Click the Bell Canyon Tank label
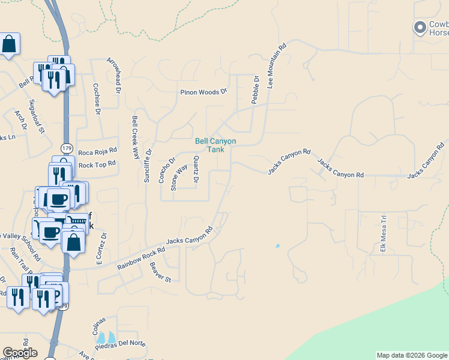(x=215, y=145)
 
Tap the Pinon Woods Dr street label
(x=204, y=92)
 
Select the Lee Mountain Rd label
(x=277, y=66)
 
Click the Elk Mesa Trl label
(x=383, y=233)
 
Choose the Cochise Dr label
(x=97, y=95)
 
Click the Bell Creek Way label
(x=135, y=137)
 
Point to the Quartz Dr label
(x=196, y=169)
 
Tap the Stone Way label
(x=179, y=177)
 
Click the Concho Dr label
(x=166, y=169)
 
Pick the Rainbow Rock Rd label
(x=141, y=258)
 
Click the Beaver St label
(x=160, y=272)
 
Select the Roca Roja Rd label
(x=97, y=152)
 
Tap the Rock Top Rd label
(x=97, y=164)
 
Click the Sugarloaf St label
(x=37, y=116)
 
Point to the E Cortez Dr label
(x=101, y=249)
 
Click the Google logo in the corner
(x=20, y=353)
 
